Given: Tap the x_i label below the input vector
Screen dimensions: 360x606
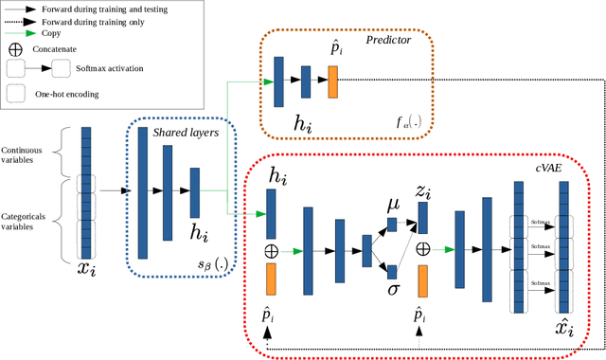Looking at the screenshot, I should (86, 269).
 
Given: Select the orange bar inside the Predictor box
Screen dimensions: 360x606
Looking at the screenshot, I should (332, 82).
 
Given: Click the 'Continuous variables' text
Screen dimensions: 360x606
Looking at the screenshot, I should (29, 155).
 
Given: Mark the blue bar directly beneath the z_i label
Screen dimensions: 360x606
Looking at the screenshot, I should (422, 218).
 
